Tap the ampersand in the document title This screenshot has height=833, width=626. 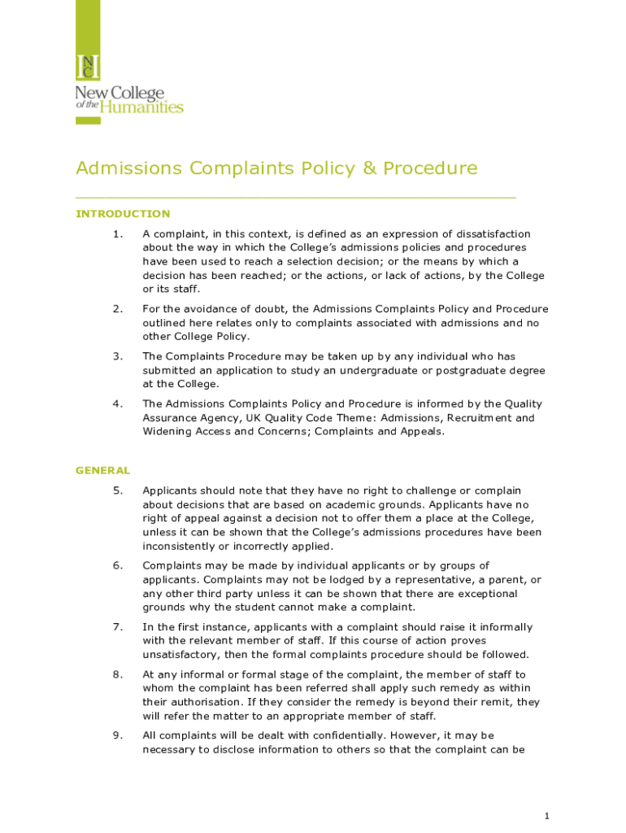tap(369, 168)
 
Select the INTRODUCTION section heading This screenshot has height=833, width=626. tap(123, 214)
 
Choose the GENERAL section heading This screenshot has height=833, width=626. tap(102, 470)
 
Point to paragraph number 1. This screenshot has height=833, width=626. tap(118, 234)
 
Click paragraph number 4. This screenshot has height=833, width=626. tap(118, 403)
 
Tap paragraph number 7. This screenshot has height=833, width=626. tap(118, 627)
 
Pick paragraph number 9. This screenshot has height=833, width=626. tap(118, 735)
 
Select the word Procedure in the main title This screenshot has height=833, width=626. tap(430, 168)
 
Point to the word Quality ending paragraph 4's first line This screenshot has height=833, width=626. tap(523, 403)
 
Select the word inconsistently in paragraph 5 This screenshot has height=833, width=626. tap(184, 546)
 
